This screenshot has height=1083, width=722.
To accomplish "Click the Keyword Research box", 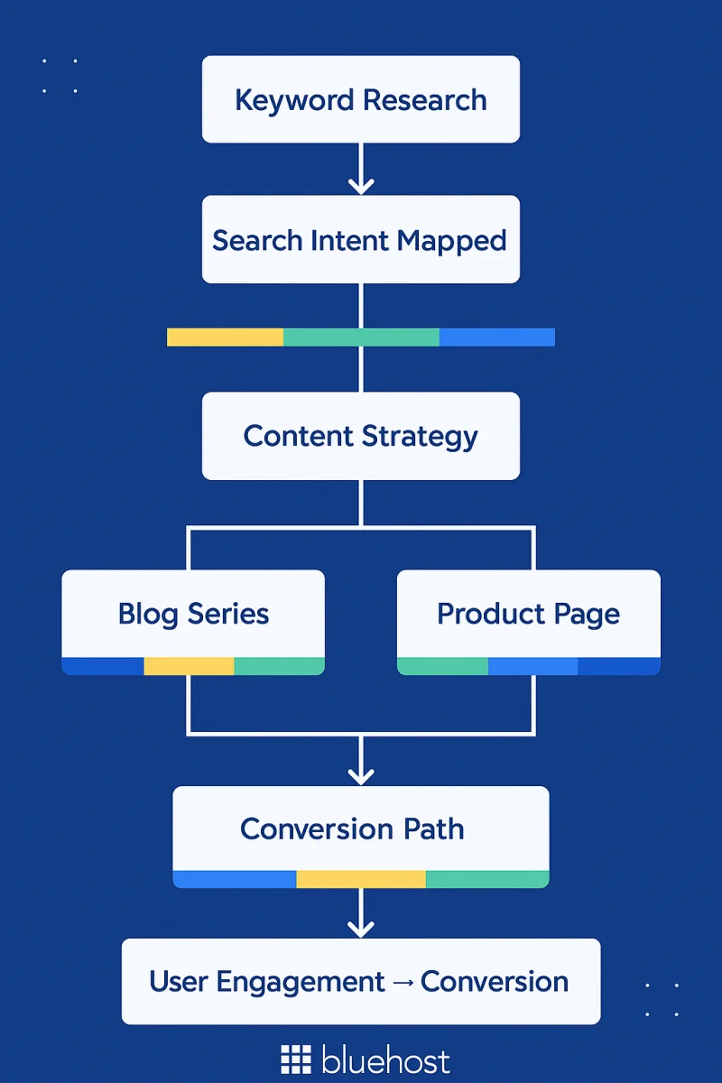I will (361, 99).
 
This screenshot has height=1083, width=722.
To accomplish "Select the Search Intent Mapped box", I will (361, 240).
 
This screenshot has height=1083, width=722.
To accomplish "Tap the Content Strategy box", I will (361, 436).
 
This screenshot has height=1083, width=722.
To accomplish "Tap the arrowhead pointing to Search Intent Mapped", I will (361, 185).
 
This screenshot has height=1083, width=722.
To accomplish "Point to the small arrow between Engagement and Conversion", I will (403, 982).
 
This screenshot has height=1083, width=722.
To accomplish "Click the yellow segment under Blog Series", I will (189, 666).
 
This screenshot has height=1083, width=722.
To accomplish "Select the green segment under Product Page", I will (442, 666).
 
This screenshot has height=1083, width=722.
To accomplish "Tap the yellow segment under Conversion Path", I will (361, 879).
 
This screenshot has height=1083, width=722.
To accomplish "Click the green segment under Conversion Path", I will (486, 879).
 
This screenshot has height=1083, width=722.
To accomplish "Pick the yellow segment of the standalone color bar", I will (225, 338).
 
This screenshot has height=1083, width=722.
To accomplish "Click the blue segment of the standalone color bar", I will (496, 338).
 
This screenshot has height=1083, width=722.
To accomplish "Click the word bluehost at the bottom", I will (385, 1060).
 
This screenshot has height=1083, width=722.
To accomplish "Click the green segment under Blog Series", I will (279, 666).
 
